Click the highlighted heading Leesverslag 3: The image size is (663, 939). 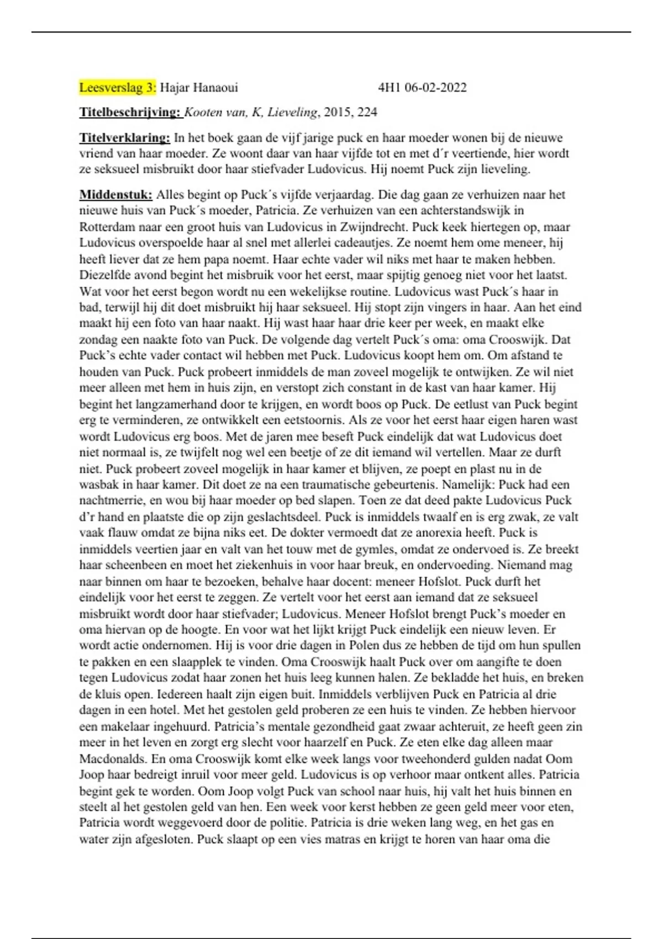coord(118,87)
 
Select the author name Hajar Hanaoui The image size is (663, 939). coord(199,87)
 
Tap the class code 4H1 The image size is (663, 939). coord(389,87)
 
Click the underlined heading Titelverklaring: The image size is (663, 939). coord(125,138)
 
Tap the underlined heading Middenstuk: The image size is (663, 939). coord(115,194)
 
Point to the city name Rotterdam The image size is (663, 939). coord(107,226)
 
